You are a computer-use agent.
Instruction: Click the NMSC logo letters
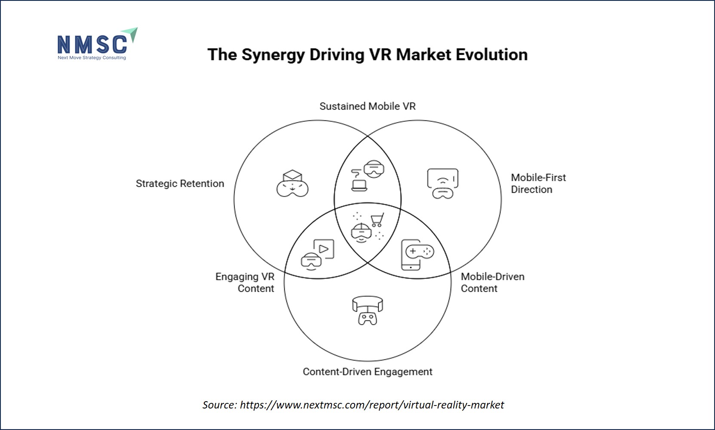tap(92, 44)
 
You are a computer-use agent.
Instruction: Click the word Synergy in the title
tap(273, 55)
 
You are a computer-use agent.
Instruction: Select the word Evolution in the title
tap(491, 55)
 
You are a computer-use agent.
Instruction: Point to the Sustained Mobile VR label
tap(368, 106)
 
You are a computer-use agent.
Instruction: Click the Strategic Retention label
tap(180, 184)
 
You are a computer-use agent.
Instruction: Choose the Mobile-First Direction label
tap(538, 184)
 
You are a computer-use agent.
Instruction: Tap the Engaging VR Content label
tap(245, 283)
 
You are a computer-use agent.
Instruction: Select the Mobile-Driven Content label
tap(493, 283)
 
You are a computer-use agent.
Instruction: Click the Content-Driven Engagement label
tap(368, 372)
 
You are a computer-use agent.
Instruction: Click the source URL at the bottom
tap(372, 405)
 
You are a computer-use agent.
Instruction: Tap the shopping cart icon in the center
tap(377, 220)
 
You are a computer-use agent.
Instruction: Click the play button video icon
tap(324, 249)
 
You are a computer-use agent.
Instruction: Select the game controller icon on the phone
tap(420, 252)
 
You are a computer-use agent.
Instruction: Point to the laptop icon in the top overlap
tap(359, 185)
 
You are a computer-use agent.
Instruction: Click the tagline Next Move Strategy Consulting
tap(92, 58)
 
